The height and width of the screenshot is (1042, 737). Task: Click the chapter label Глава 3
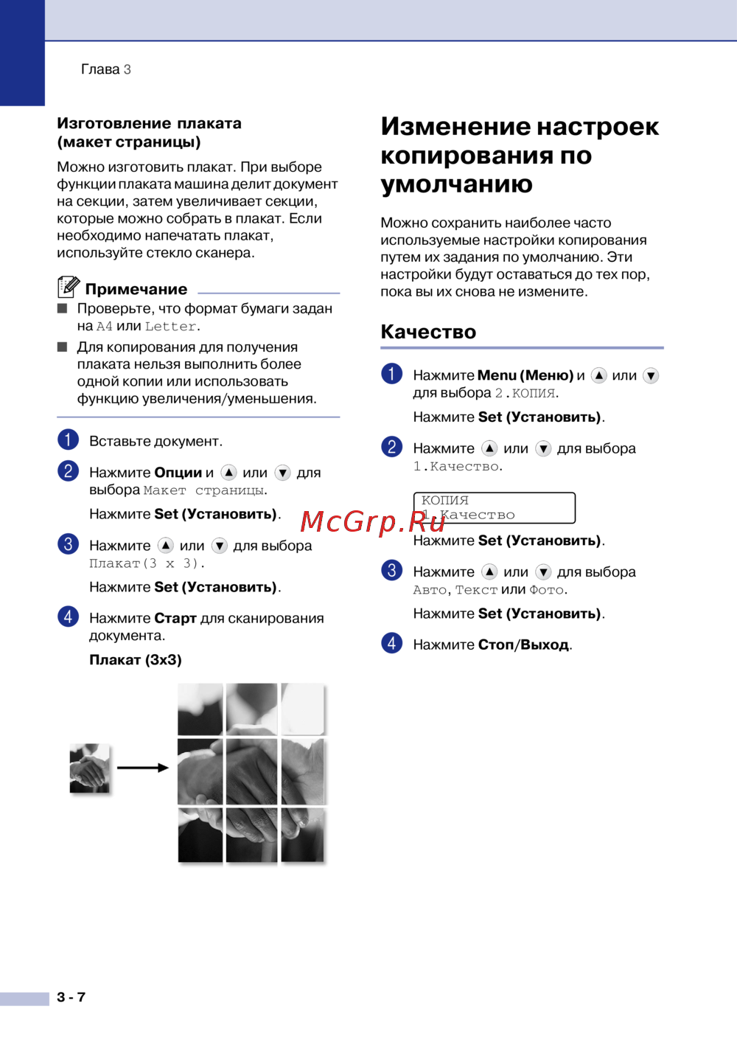click(x=105, y=69)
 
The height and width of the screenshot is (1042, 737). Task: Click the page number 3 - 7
click(x=71, y=997)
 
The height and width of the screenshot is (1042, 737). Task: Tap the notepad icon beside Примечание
click(x=69, y=287)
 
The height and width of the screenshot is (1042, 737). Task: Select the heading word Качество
click(x=428, y=332)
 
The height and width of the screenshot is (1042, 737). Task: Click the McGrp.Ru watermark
click(x=372, y=521)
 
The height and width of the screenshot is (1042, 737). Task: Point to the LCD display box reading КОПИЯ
click(x=494, y=507)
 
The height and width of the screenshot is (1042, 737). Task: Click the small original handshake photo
click(x=90, y=768)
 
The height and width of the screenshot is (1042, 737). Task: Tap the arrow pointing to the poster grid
click(x=143, y=768)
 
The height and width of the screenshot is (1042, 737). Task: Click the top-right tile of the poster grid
click(x=302, y=708)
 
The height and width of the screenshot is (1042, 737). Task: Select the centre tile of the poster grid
click(x=251, y=771)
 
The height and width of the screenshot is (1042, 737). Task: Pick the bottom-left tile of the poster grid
click(x=200, y=835)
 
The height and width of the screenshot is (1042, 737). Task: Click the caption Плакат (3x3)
click(x=136, y=659)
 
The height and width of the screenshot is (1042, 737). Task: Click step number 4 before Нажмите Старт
click(x=68, y=616)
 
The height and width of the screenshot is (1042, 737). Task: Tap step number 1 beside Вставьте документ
click(x=68, y=440)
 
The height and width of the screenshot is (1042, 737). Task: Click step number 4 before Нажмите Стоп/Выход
click(x=391, y=643)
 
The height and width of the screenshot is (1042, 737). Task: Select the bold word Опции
click(x=178, y=473)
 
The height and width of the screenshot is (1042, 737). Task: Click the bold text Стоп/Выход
click(x=523, y=645)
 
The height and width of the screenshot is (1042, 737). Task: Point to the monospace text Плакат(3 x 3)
click(x=147, y=563)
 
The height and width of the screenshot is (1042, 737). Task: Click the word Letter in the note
click(x=170, y=327)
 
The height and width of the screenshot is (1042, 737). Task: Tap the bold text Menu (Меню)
click(x=525, y=375)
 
